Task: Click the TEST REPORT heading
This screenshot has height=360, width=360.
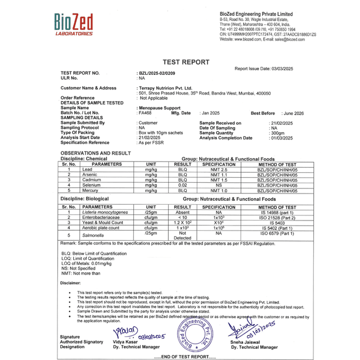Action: (x=186, y=62)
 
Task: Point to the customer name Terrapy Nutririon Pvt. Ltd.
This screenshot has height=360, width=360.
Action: (x=165, y=88)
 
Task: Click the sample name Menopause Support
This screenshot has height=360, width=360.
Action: (x=160, y=107)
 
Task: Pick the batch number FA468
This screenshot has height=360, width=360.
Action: (x=145, y=113)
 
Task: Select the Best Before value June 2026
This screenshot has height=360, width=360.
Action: (x=293, y=113)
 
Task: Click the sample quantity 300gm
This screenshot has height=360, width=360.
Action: (x=277, y=133)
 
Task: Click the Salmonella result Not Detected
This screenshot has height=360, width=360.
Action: (x=182, y=236)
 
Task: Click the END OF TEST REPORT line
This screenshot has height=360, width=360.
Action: (x=185, y=357)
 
